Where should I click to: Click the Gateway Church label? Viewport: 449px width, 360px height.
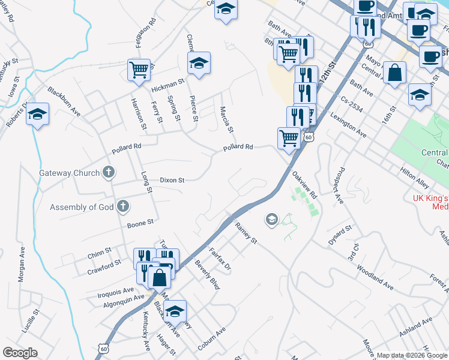(70, 173)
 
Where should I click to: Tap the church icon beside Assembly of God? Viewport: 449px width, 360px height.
(122, 207)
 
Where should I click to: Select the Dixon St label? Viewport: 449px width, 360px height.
(172, 179)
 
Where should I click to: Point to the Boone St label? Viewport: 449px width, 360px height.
(141, 225)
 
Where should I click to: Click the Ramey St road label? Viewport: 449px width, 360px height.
(246, 233)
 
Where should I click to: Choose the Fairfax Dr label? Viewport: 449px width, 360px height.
(220, 259)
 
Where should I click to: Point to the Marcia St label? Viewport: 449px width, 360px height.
(226, 120)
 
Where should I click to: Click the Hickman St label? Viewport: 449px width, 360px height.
(167, 85)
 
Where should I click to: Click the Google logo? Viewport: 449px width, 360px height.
(20, 352)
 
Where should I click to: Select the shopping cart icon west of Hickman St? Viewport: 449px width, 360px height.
(139, 70)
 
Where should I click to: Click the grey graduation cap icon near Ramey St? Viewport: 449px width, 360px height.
(271, 220)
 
